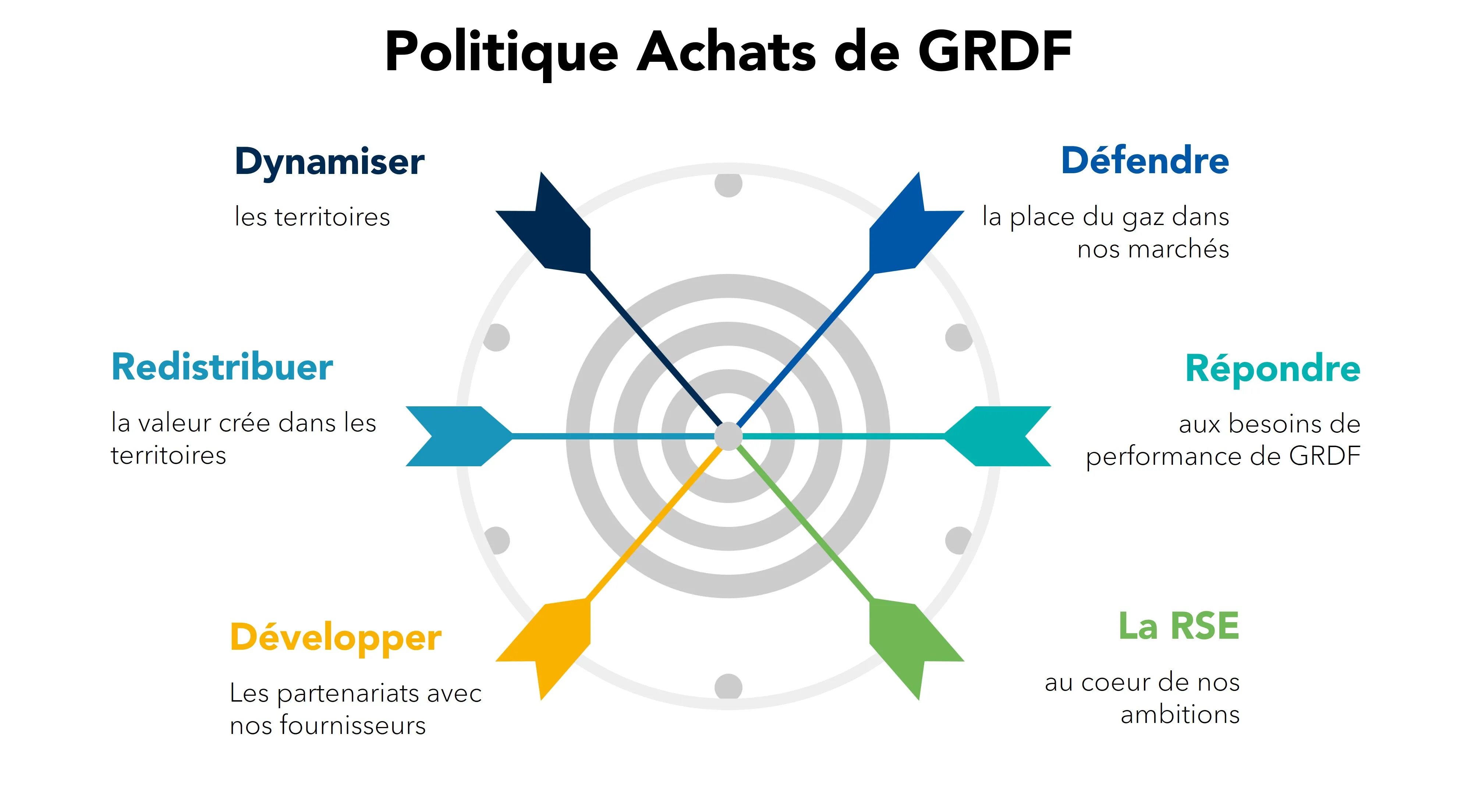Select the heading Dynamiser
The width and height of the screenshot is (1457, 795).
point(329,162)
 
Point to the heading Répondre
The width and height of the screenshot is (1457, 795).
point(1273,369)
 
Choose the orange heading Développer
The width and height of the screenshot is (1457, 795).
point(336,638)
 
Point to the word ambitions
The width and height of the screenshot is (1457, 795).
point(1180,715)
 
